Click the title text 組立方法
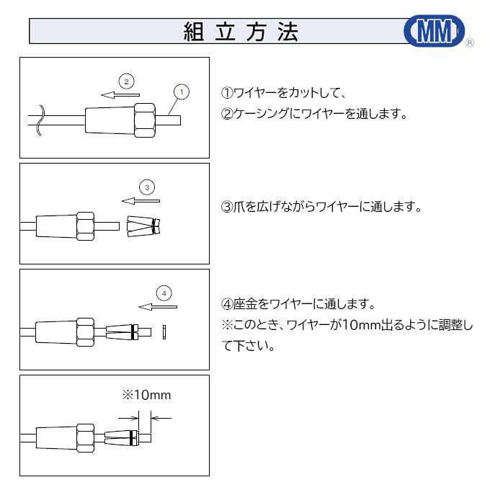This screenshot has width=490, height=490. [x=240, y=32]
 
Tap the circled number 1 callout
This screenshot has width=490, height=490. [x=182, y=92]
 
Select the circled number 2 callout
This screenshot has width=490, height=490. [x=126, y=81]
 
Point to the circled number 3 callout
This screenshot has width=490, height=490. [x=146, y=187]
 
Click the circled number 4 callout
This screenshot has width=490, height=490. [x=164, y=293]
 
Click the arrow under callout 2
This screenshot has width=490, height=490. [x=120, y=94]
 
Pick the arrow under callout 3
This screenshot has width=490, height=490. [x=141, y=201]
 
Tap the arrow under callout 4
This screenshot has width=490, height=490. [x=157, y=306]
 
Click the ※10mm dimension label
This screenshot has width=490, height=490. [x=146, y=395]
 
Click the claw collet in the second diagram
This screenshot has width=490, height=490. [x=143, y=228]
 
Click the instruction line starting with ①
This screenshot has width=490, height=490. [x=285, y=93]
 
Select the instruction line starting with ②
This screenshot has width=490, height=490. [x=313, y=114]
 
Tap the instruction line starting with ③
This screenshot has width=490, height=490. [x=321, y=207]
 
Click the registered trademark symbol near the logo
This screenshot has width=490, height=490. [x=470, y=44]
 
